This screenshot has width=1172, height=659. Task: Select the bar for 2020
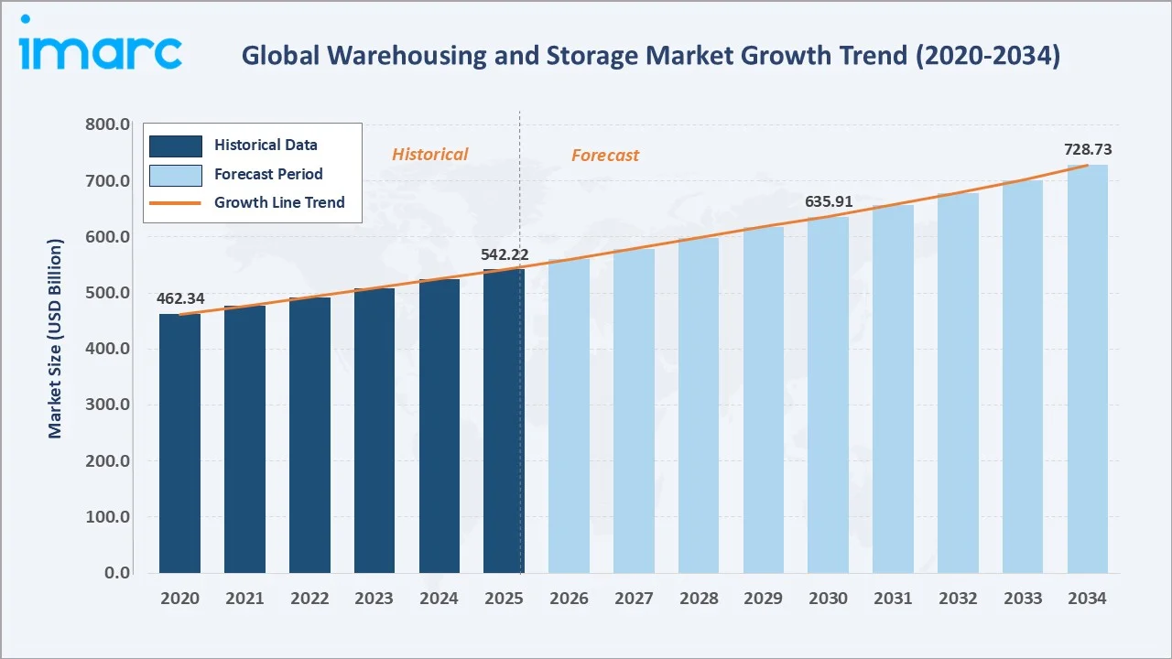point(179,443)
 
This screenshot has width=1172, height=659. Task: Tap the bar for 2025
point(504,421)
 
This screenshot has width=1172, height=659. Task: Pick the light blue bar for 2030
point(828,394)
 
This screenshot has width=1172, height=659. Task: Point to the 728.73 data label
point(1088,149)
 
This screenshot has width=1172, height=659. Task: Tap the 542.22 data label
point(505,254)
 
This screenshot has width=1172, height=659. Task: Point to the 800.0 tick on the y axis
point(106,124)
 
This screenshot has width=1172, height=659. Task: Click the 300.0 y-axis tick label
point(106,405)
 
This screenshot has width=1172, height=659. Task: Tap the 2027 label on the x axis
point(634,599)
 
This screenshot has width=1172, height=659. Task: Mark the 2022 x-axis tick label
point(309,599)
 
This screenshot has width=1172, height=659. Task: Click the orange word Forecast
point(605,156)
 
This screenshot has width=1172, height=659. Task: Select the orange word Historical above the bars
point(429,155)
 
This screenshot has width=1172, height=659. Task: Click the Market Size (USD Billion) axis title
point(56,339)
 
